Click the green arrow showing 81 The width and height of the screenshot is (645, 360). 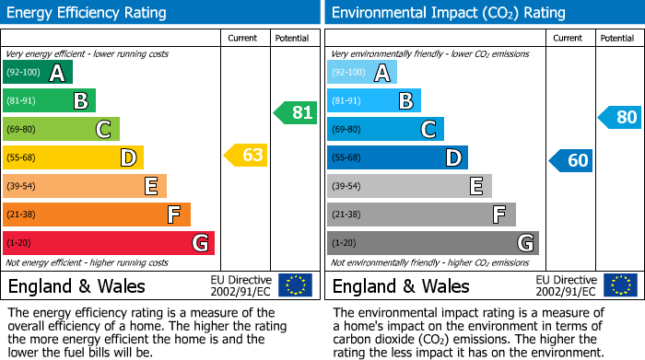pyautogui.click(x=295, y=113)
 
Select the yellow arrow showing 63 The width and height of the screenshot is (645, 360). pyautogui.click(x=246, y=155)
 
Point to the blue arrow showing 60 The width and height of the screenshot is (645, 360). pyautogui.click(x=570, y=160)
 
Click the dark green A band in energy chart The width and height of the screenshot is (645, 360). pyautogui.click(x=37, y=73)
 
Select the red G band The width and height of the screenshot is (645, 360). pyautogui.click(x=108, y=243)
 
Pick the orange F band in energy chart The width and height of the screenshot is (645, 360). pyautogui.click(x=96, y=215)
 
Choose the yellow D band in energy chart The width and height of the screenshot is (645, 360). pyautogui.click(x=73, y=157)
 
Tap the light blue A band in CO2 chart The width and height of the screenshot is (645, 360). pyautogui.click(x=362, y=73)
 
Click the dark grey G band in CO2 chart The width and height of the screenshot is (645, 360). pyautogui.click(x=432, y=243)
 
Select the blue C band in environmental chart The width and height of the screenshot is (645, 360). pyautogui.click(x=385, y=129)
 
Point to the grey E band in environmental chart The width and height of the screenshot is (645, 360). pyautogui.click(x=409, y=186)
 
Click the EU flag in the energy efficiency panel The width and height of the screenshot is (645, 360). pyautogui.click(x=295, y=285)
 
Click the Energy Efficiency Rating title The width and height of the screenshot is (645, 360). pyautogui.click(x=87, y=13)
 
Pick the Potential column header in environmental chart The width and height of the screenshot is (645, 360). pyautogui.click(x=617, y=38)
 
